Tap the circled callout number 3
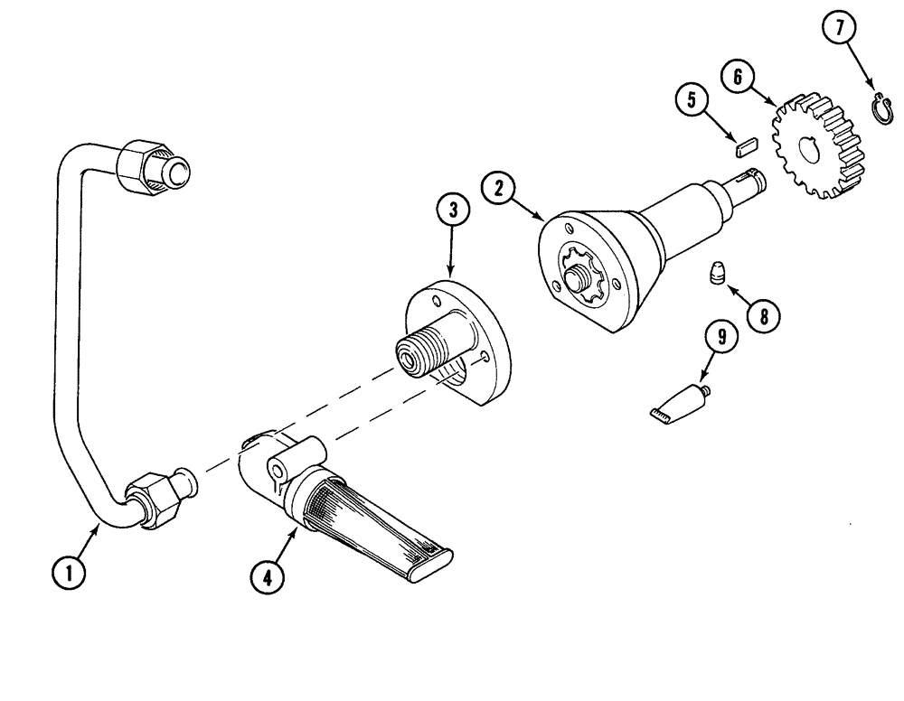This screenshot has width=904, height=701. click(453, 210)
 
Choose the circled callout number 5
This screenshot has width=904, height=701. click(692, 99)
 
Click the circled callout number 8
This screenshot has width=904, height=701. click(764, 315)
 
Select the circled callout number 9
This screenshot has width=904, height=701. click(722, 339)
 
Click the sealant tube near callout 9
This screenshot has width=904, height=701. click(676, 402)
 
